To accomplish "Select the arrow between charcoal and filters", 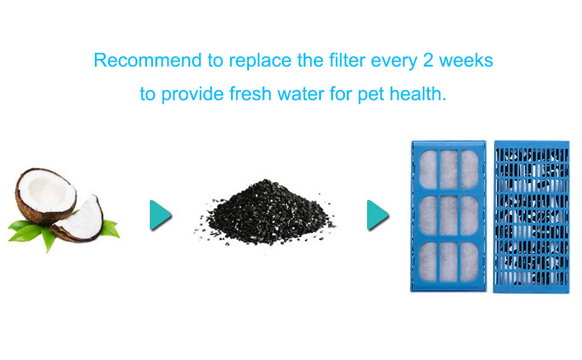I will click(377, 215).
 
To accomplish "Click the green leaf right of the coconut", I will click(110, 227).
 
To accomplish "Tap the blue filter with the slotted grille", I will click(530, 216).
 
